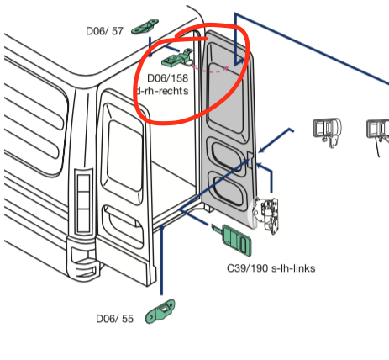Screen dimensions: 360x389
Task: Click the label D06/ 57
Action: point(104,31)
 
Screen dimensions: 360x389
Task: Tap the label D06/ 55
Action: point(114,319)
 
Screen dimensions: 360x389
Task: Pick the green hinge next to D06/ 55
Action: point(160,312)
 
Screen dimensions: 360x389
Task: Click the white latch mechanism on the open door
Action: point(268,214)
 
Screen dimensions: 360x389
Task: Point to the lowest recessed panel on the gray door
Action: point(227,188)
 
